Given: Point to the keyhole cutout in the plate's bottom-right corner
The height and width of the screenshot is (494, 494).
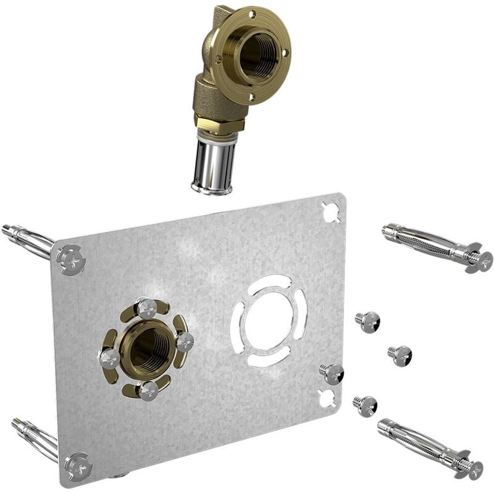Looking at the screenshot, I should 327,398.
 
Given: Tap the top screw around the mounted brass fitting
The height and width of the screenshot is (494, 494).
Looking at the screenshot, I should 146,308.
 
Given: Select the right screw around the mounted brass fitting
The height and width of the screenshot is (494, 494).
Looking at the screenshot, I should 184,341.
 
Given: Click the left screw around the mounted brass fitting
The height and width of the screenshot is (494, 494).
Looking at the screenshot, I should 109,358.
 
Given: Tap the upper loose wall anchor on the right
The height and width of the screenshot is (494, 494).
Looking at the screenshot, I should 435,245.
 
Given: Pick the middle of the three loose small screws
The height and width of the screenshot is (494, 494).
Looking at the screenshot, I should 400,354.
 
